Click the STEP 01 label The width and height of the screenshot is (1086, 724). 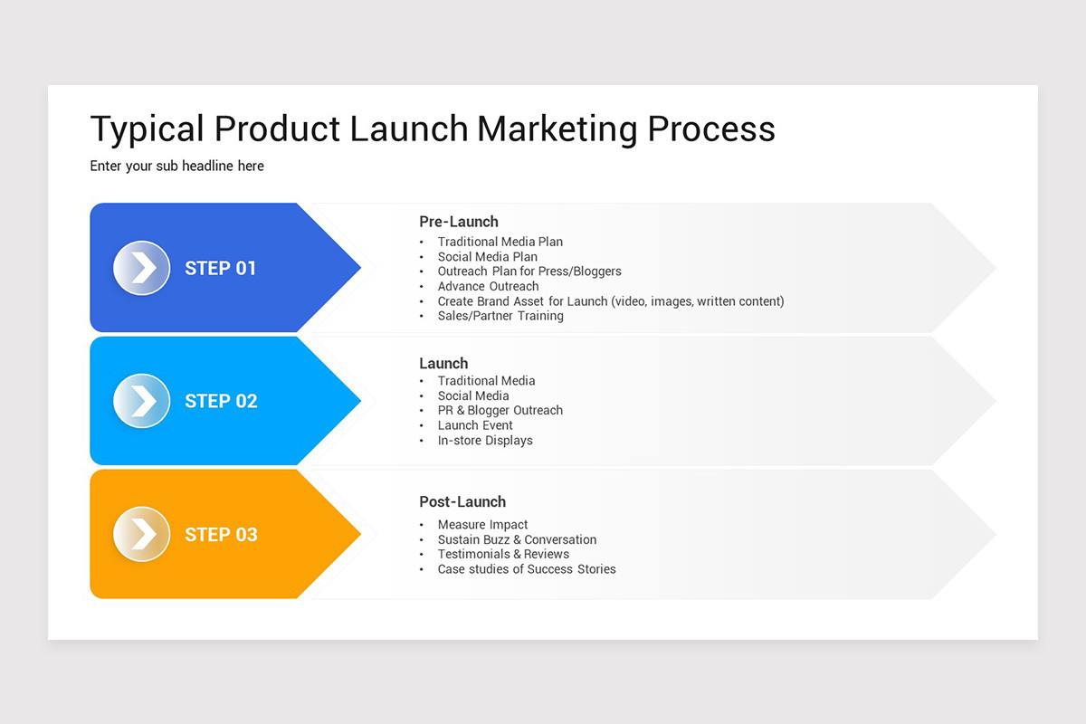220,268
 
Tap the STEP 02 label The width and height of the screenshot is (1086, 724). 221,401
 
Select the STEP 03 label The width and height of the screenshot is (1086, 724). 221,534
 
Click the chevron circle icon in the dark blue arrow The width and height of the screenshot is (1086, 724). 142,268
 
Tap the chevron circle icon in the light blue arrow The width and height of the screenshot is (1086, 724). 142,401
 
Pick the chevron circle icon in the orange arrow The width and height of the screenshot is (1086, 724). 142,534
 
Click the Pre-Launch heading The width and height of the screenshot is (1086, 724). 458,222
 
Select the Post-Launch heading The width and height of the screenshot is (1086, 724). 462,501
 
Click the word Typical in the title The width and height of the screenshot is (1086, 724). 148,129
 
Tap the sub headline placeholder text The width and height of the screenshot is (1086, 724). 176,167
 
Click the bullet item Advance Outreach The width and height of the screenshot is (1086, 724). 488,286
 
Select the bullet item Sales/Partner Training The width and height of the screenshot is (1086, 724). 500,316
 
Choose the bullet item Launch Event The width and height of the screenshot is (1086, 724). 475,425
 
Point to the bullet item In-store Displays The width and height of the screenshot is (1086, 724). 485,441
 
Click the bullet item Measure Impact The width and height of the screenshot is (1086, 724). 482,525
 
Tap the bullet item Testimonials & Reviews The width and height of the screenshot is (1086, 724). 503,554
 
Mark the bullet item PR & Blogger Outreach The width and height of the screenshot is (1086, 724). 500,410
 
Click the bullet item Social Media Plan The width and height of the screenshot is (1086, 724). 487,257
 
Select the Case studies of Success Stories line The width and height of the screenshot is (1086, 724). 526,569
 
